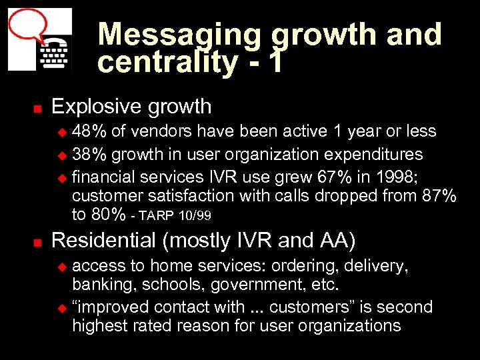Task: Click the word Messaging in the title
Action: [181, 35]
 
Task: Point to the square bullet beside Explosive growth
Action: [38, 107]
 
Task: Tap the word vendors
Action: [150, 131]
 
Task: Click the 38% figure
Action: [89, 154]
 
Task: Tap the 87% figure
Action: [437, 196]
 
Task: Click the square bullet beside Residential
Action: [38, 240]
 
